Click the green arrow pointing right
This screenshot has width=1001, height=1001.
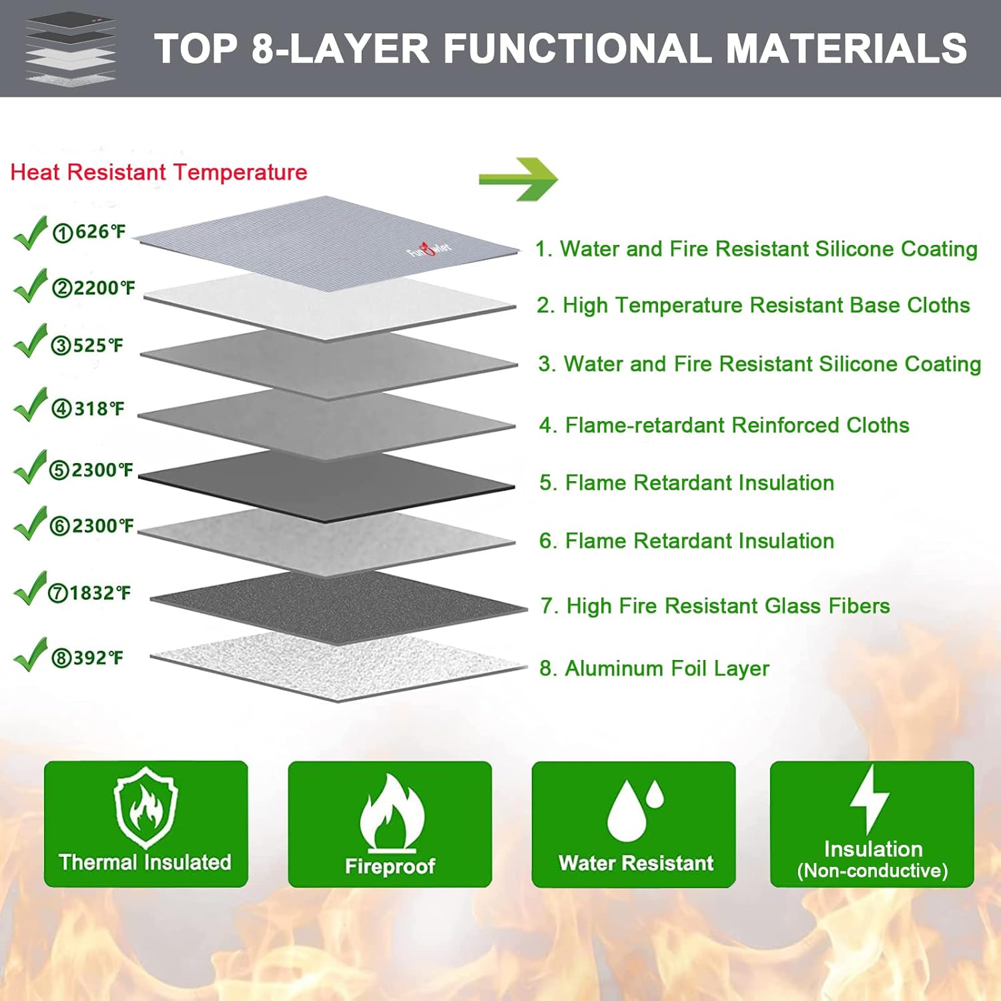518,179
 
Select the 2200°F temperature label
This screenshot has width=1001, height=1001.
94,288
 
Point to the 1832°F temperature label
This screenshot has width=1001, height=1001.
89,593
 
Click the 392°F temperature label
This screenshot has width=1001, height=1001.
87,658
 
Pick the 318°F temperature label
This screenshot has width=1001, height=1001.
88,408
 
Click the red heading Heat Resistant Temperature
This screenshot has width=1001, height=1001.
159,172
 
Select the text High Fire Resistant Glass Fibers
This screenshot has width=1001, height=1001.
715,605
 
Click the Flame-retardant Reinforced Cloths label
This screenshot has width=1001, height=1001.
724,425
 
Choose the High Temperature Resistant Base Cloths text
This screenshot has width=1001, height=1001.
753,305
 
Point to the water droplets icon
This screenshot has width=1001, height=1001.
635,809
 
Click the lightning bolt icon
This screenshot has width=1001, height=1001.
870,798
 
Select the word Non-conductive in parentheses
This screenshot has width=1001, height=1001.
872,871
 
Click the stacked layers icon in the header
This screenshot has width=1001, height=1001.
70,48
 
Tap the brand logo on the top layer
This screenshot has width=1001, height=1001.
430,251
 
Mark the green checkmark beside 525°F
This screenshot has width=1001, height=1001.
31,342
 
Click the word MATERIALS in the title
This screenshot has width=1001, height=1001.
846,49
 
